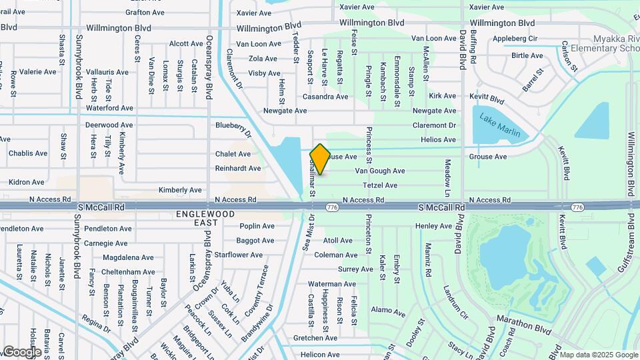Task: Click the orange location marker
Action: click(x=320, y=159)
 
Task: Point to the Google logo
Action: click(x=21, y=351)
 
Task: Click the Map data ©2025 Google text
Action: click(x=598, y=354)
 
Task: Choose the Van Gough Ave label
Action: click(x=380, y=171)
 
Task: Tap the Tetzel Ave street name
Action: click(x=380, y=185)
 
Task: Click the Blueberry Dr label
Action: click(x=233, y=129)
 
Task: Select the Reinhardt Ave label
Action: click(x=238, y=169)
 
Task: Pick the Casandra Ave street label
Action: click(x=325, y=97)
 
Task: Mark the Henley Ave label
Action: click(x=434, y=226)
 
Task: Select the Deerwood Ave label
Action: click(x=109, y=125)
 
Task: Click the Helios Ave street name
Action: click(x=439, y=139)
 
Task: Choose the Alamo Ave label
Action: click(x=388, y=311)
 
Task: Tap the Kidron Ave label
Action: click(x=27, y=182)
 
